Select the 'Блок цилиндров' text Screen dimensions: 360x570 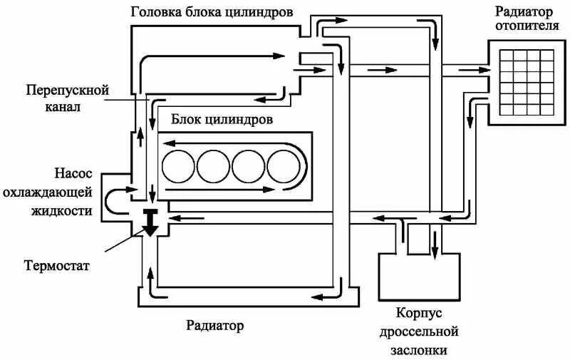tap(221, 119)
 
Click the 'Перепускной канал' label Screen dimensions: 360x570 tap(67, 99)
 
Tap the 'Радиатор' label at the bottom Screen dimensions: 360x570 tap(214, 326)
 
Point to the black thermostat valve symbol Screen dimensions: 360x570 tap(151, 223)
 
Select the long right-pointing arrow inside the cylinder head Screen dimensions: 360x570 tap(214, 58)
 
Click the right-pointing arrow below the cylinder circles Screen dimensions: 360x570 tap(228, 190)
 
